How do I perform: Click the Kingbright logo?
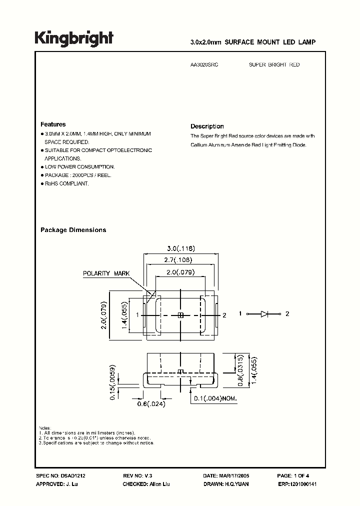(74, 38)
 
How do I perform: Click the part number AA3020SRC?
(204, 65)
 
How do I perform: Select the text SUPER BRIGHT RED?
(274, 65)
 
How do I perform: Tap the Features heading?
(52, 124)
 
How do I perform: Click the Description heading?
(207, 126)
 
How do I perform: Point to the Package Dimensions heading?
(73, 230)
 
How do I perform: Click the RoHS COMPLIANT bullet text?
(66, 183)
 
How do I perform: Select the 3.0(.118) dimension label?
(180, 248)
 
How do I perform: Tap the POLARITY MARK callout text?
(106, 273)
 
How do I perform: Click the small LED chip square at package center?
(180, 314)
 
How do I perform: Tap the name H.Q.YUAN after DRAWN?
(236, 484)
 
